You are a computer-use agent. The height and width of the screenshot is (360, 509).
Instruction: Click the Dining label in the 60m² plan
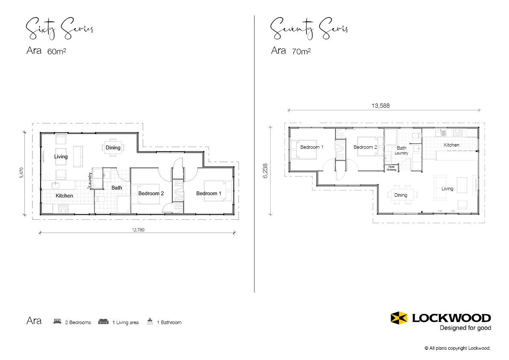113,148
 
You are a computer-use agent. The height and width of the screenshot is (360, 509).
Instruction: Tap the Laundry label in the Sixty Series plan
90,180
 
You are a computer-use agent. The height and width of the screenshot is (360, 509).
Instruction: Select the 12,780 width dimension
138,230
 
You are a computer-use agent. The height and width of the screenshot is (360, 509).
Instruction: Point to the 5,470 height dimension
21,173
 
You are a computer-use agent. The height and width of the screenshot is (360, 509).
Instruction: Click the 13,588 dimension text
380,106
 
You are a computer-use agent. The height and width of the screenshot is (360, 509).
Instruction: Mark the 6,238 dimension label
265,171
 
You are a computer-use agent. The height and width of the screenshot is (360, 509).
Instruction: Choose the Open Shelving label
391,168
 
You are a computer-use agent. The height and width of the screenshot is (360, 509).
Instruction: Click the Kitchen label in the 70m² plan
451,145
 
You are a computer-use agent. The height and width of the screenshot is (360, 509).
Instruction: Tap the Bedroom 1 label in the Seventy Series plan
312,147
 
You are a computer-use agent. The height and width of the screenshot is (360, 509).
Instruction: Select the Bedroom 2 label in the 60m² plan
151,194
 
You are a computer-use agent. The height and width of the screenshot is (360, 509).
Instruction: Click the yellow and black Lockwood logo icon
399,318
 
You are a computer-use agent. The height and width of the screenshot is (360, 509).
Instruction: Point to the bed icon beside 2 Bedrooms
57,322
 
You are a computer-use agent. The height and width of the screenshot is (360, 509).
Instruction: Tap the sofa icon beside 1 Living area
103,322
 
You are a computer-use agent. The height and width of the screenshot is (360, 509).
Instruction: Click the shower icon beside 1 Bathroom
150,322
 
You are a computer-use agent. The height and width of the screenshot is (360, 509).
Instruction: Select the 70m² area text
301,52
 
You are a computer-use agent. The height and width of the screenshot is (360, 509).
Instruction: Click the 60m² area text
57,52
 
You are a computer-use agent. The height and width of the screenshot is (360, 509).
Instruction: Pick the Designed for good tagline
465,328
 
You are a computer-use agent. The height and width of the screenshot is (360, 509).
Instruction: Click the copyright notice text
457,348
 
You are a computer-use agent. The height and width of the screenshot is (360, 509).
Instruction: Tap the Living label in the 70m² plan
447,189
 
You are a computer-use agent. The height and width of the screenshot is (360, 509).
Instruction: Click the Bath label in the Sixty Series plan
117,188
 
